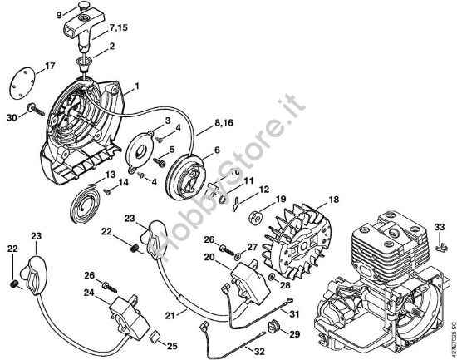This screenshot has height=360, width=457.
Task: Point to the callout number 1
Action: [137, 86]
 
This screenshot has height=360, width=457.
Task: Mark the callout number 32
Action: [259, 350]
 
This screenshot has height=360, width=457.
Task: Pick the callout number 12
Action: [263, 190]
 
